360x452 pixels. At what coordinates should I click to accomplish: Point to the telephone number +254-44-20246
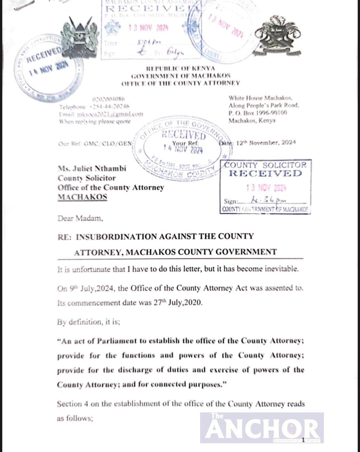109,107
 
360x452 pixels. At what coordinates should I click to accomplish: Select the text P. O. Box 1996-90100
258,113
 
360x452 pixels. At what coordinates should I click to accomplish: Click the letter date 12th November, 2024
266,143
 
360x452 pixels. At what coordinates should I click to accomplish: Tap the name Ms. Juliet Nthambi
92,168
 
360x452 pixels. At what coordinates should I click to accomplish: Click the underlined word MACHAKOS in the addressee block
82,197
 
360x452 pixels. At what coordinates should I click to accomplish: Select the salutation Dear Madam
80,219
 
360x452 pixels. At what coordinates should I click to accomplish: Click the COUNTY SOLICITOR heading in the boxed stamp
265,165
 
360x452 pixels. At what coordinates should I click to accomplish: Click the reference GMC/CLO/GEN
108,144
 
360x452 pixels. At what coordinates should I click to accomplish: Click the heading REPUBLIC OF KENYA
180,69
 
